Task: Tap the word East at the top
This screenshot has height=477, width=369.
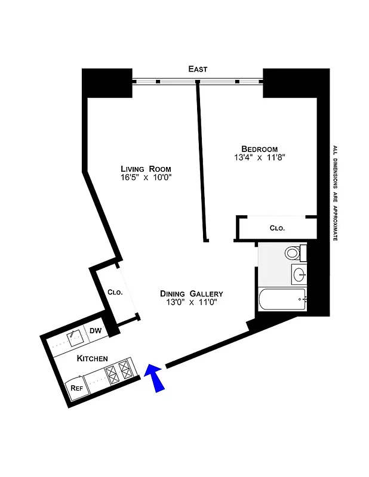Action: pyautogui.click(x=198, y=70)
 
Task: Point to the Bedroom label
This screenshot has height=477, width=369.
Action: pyautogui.click(x=260, y=149)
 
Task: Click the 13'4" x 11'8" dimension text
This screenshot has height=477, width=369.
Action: pyautogui.click(x=260, y=158)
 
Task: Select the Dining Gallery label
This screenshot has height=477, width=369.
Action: pyautogui.click(x=192, y=293)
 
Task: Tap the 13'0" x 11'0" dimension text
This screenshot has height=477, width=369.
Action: pyautogui.click(x=192, y=302)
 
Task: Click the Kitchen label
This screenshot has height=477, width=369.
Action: pyautogui.click(x=92, y=358)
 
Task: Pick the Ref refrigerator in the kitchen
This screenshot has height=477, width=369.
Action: pyautogui.click(x=76, y=388)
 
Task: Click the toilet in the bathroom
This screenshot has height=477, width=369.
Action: pyautogui.click(x=293, y=253)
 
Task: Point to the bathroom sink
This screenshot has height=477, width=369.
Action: pyautogui.click(x=299, y=275)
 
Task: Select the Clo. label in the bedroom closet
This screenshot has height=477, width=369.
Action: pyautogui.click(x=277, y=228)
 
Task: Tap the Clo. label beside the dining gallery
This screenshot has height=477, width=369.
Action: pyautogui.click(x=115, y=293)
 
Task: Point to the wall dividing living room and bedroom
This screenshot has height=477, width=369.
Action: pyautogui.click(x=202, y=161)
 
